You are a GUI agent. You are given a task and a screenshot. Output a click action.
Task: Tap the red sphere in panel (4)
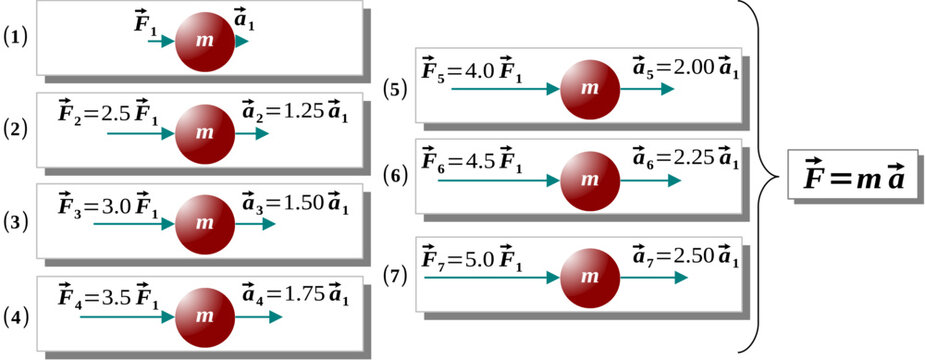coord(204,316)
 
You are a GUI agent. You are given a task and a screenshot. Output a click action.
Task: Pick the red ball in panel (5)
coord(589,88)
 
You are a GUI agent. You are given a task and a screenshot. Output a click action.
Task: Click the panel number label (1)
coord(17,38)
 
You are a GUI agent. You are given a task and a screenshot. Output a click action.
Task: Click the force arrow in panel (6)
coord(489,181)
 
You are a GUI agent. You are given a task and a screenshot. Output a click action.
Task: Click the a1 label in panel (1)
coord(244,19)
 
